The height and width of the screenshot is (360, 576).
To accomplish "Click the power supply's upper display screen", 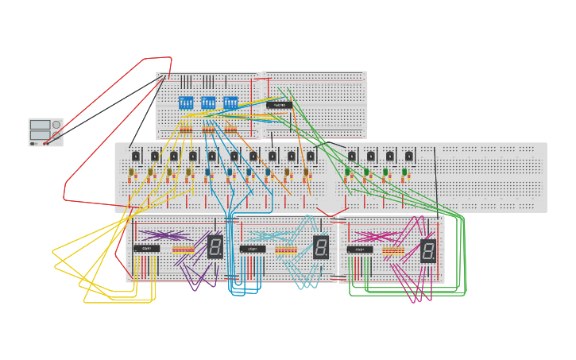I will click(40, 125).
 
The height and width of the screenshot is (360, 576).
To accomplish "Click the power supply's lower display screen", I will click(40, 134).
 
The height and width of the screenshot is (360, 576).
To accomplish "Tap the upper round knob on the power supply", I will click(56, 125).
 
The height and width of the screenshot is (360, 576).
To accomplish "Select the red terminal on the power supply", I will click(45, 144).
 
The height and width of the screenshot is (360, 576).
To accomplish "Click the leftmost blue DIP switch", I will click(186, 103).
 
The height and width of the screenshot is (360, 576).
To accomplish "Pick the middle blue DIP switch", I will click(208, 103).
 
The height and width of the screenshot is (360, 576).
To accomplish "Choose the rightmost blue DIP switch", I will click(230, 103).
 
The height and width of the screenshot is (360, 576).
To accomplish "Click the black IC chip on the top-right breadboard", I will click(279, 105).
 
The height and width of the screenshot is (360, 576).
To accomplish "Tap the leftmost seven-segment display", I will click(215, 246).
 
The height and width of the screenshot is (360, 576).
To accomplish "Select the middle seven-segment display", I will click(320, 247).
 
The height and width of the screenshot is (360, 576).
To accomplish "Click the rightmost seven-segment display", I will click(427, 251).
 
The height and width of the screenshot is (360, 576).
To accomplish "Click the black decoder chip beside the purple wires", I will click(146, 249).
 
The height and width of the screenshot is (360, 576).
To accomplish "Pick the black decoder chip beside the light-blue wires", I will click(253, 249).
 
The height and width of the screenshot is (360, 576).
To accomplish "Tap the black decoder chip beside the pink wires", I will click(359, 250).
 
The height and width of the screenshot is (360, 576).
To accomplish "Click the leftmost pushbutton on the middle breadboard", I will click(136, 156).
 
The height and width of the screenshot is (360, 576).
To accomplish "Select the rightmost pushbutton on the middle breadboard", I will click(409, 156).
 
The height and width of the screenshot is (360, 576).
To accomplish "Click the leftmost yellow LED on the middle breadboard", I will click(132, 172).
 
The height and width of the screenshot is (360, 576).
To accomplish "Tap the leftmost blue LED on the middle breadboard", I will click(208, 172).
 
